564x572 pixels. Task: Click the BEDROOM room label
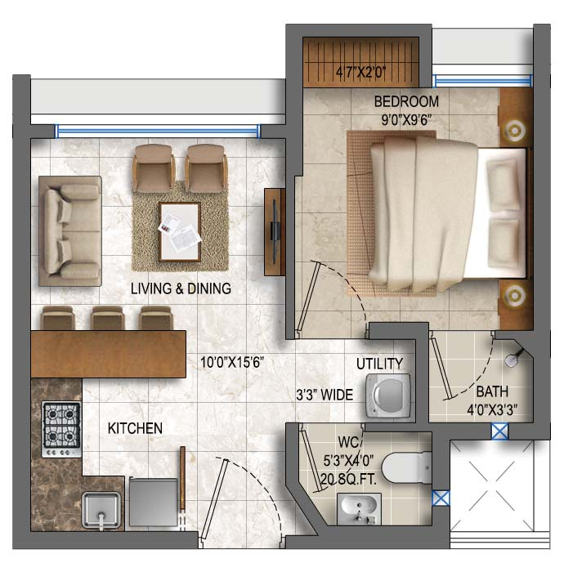point(406,101)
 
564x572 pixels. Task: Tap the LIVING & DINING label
point(181,288)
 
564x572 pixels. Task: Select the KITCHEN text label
point(135,428)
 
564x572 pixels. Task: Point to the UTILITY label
point(379,364)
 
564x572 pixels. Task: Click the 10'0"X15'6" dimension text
point(232,362)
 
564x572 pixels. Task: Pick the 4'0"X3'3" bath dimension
point(493,409)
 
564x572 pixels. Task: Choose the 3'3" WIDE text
point(325,395)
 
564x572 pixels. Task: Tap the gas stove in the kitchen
point(61,429)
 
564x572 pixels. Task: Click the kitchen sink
point(101,511)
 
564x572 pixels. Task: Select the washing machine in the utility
point(388,395)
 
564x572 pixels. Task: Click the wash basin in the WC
point(359,508)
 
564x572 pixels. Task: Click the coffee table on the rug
point(180,232)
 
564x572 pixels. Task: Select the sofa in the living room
point(70,231)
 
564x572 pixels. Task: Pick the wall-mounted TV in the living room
point(275,232)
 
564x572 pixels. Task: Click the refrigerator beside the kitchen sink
point(153,502)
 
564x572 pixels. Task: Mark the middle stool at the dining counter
point(108,318)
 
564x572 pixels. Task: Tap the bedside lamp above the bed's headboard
point(514,130)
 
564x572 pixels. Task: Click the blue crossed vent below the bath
point(499,431)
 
